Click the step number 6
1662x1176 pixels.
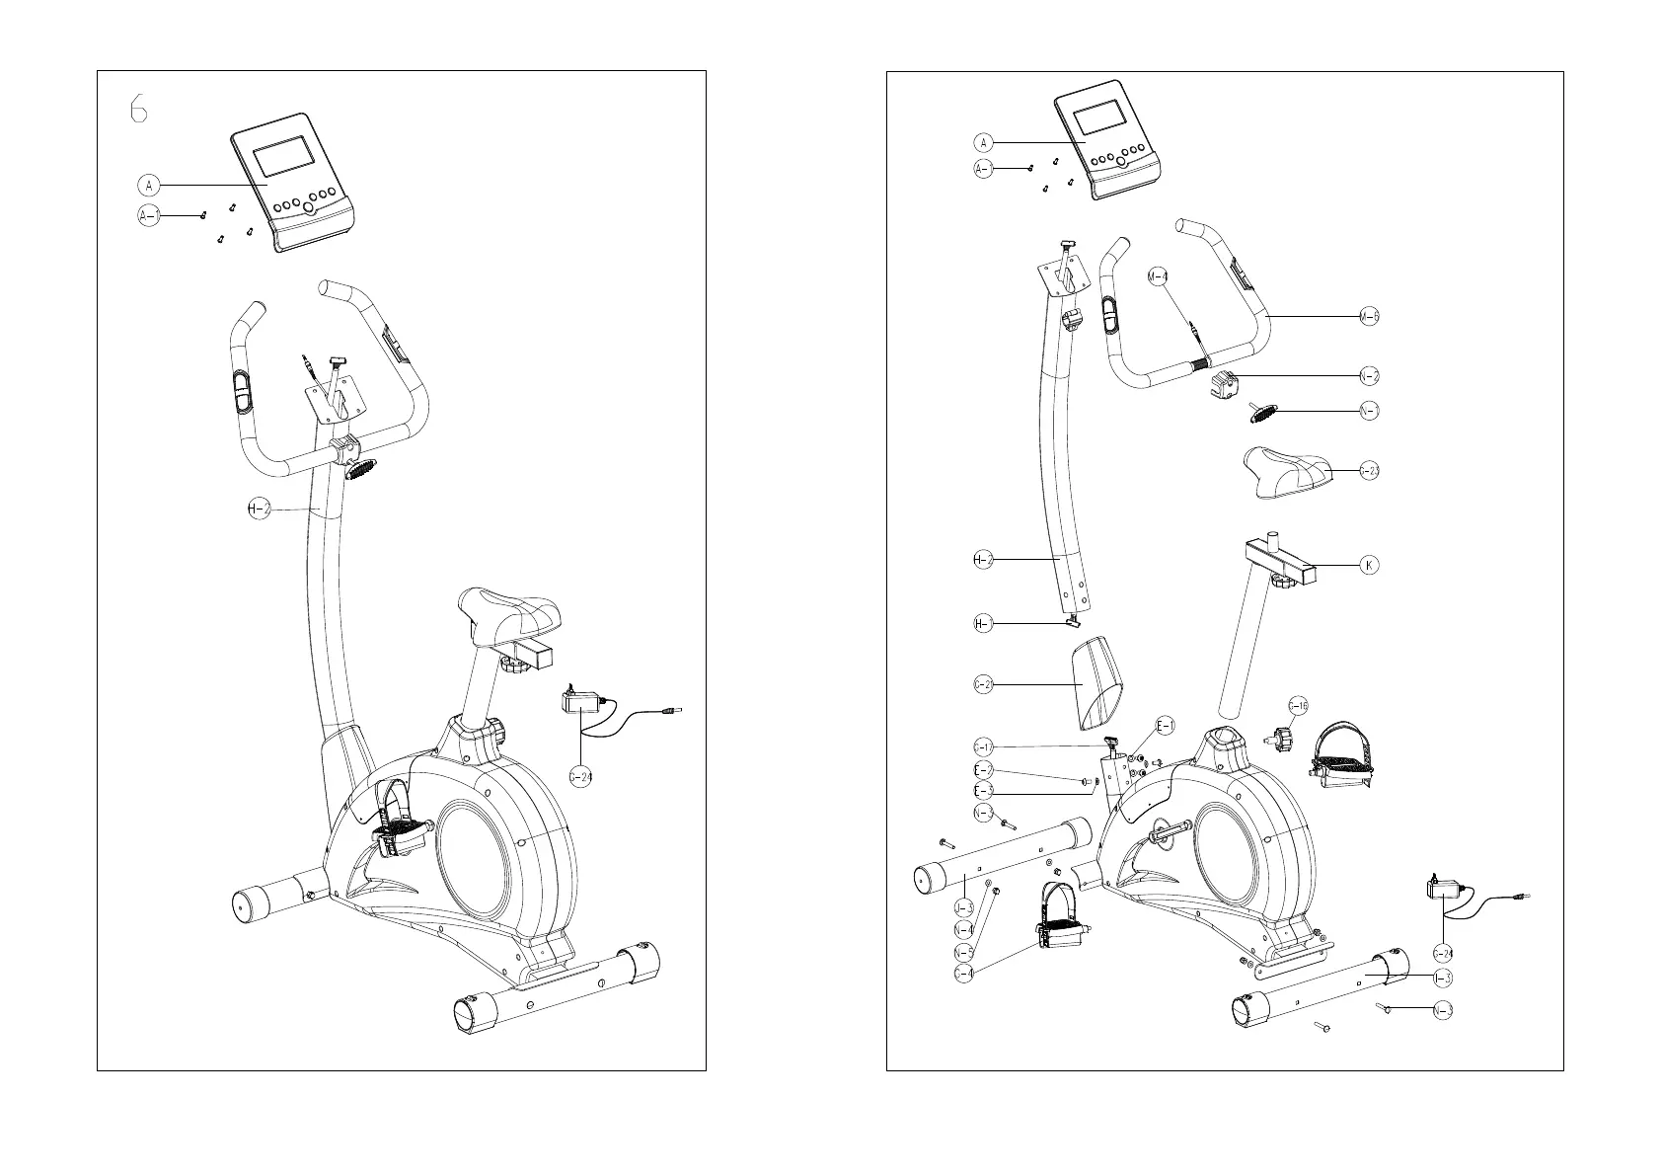[x=139, y=109]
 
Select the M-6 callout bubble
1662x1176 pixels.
[x=1369, y=316]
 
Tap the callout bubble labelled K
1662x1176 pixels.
[x=1368, y=566]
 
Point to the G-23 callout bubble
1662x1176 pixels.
[x=1369, y=471]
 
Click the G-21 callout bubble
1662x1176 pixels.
[x=983, y=684]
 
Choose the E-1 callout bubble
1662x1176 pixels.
[x=1166, y=727]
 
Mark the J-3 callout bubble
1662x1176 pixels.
[x=963, y=906]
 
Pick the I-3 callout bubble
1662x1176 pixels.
[x=1443, y=978]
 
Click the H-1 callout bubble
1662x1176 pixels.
[x=983, y=623]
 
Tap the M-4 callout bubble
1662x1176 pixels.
[x=1159, y=276]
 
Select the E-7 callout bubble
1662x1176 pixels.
[x=983, y=770]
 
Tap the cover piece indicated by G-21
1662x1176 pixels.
[x=1098, y=681]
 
